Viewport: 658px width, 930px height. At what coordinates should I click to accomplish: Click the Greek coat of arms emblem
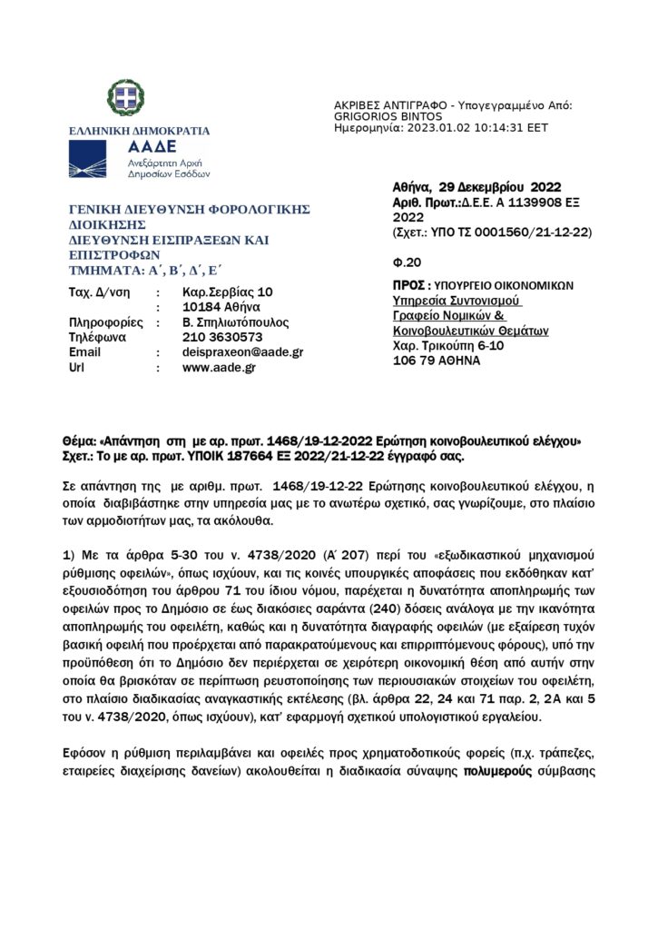point(125,97)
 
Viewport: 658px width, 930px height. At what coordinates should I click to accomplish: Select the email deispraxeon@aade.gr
point(242,352)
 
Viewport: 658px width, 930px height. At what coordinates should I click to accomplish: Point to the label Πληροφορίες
point(102,322)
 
